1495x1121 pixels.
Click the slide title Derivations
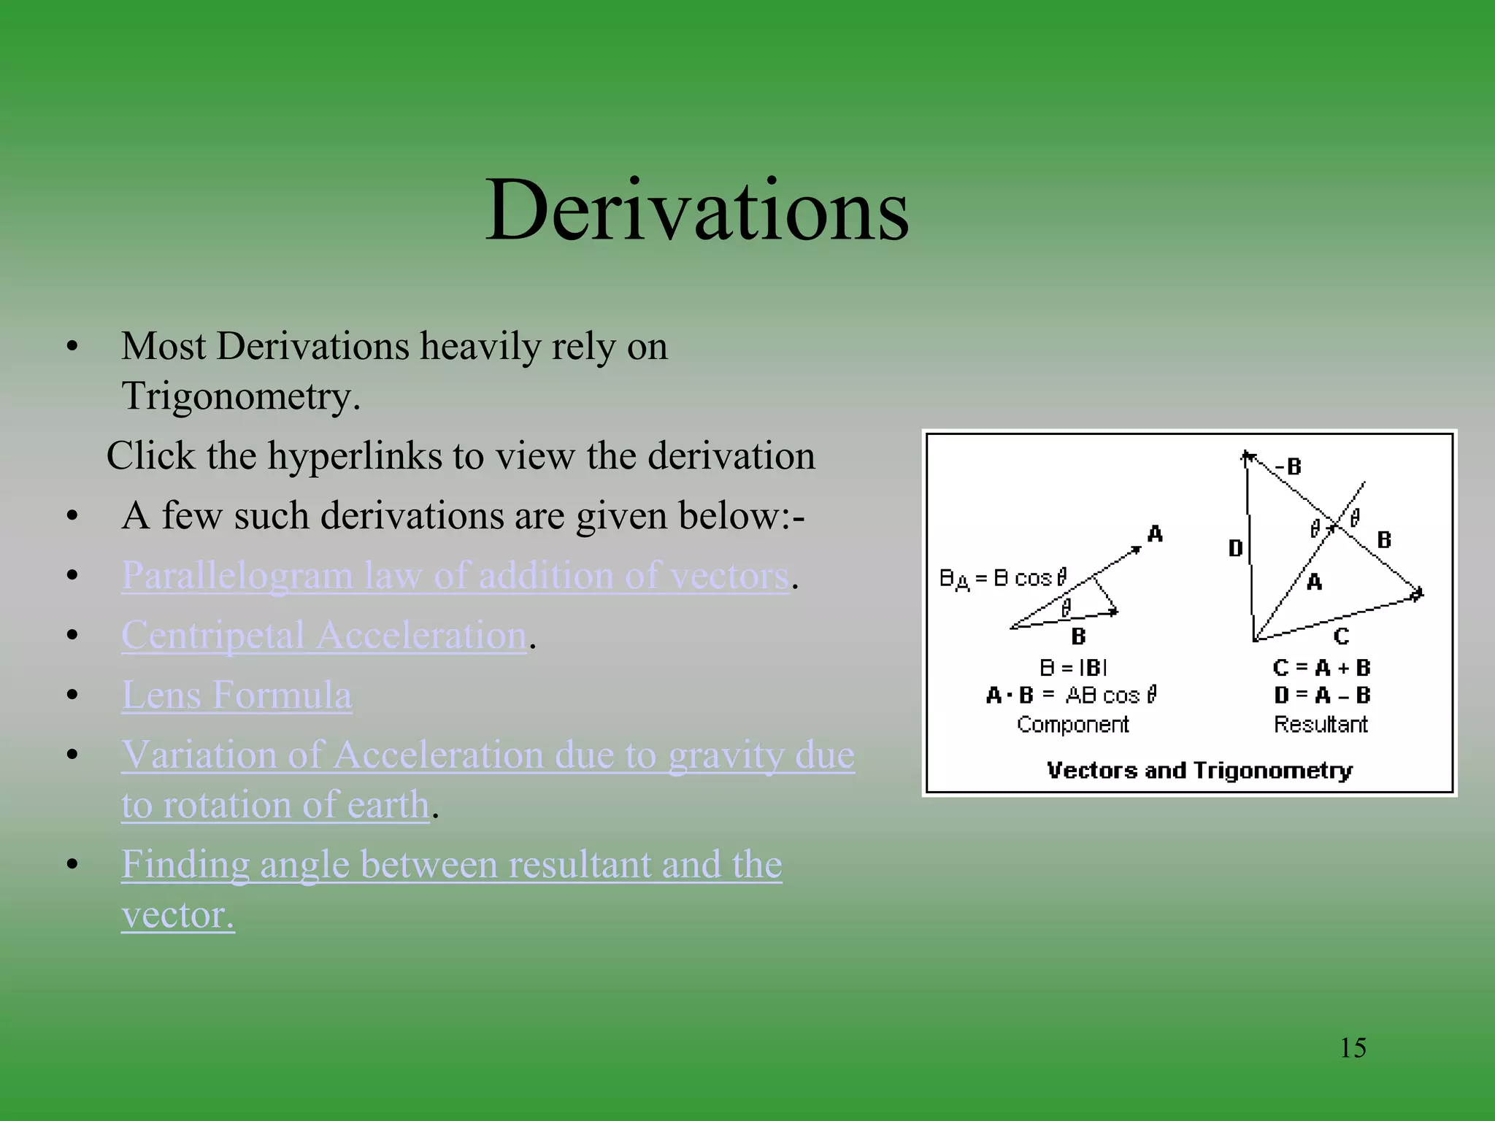point(697,212)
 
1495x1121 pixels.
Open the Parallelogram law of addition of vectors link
point(455,576)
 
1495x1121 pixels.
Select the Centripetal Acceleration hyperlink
point(323,636)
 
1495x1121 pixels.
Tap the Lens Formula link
point(237,695)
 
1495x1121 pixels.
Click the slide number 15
point(1353,1048)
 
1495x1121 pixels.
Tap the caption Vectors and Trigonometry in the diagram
point(1199,771)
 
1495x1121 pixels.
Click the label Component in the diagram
point(1072,725)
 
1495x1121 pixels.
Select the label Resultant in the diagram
point(1321,725)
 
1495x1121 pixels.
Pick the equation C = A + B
point(1321,668)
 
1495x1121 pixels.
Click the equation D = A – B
point(1321,696)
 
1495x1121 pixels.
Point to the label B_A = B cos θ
point(1003,579)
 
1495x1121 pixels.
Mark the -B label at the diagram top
point(1289,466)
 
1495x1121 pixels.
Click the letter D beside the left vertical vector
point(1235,548)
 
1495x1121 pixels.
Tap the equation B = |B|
point(1073,668)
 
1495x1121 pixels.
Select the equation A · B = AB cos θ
point(1072,696)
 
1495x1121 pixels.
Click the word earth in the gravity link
point(388,805)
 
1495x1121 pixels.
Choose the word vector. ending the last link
point(177,915)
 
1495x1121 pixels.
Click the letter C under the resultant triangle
point(1341,636)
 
